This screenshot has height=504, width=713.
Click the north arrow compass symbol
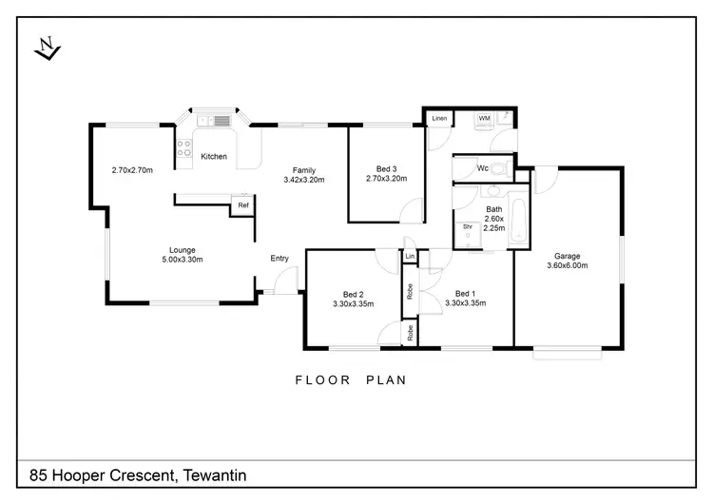(48, 48)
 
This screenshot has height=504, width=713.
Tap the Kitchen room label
(214, 157)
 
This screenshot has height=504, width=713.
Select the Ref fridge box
(242, 205)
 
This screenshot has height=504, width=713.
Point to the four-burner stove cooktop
(184, 147)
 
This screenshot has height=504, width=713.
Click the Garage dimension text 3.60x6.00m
(567, 265)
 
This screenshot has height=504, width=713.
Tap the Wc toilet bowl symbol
(500, 169)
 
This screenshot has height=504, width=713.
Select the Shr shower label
(468, 226)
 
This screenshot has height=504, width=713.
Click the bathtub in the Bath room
(518, 221)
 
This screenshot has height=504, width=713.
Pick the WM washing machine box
(484, 119)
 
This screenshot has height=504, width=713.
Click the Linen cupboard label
(439, 118)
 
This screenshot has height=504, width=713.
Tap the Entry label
(279, 259)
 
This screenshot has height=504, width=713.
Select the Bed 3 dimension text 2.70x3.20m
(387, 179)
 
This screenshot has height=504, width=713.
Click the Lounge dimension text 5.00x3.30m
(183, 260)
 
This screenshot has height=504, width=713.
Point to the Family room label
(304, 170)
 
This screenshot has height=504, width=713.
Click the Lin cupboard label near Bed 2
(410, 257)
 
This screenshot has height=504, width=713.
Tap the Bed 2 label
(354, 294)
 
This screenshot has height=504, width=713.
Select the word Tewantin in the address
(215, 475)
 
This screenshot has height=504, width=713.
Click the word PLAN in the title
(386, 380)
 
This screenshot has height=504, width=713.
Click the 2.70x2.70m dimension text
(132, 170)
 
